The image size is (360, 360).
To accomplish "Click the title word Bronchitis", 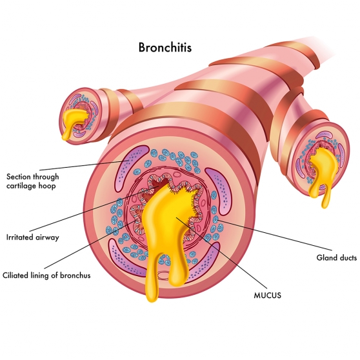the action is (165, 47).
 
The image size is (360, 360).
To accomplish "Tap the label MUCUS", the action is (268, 295).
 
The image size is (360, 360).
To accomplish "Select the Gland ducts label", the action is (337, 257).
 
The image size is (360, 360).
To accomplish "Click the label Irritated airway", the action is (33, 237).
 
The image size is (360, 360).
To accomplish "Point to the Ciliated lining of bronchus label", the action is (46, 275).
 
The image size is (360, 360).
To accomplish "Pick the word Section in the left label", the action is (19, 177).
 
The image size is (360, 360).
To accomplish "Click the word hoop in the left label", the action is (47, 186).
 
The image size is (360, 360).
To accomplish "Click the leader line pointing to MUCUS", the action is (221, 253).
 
